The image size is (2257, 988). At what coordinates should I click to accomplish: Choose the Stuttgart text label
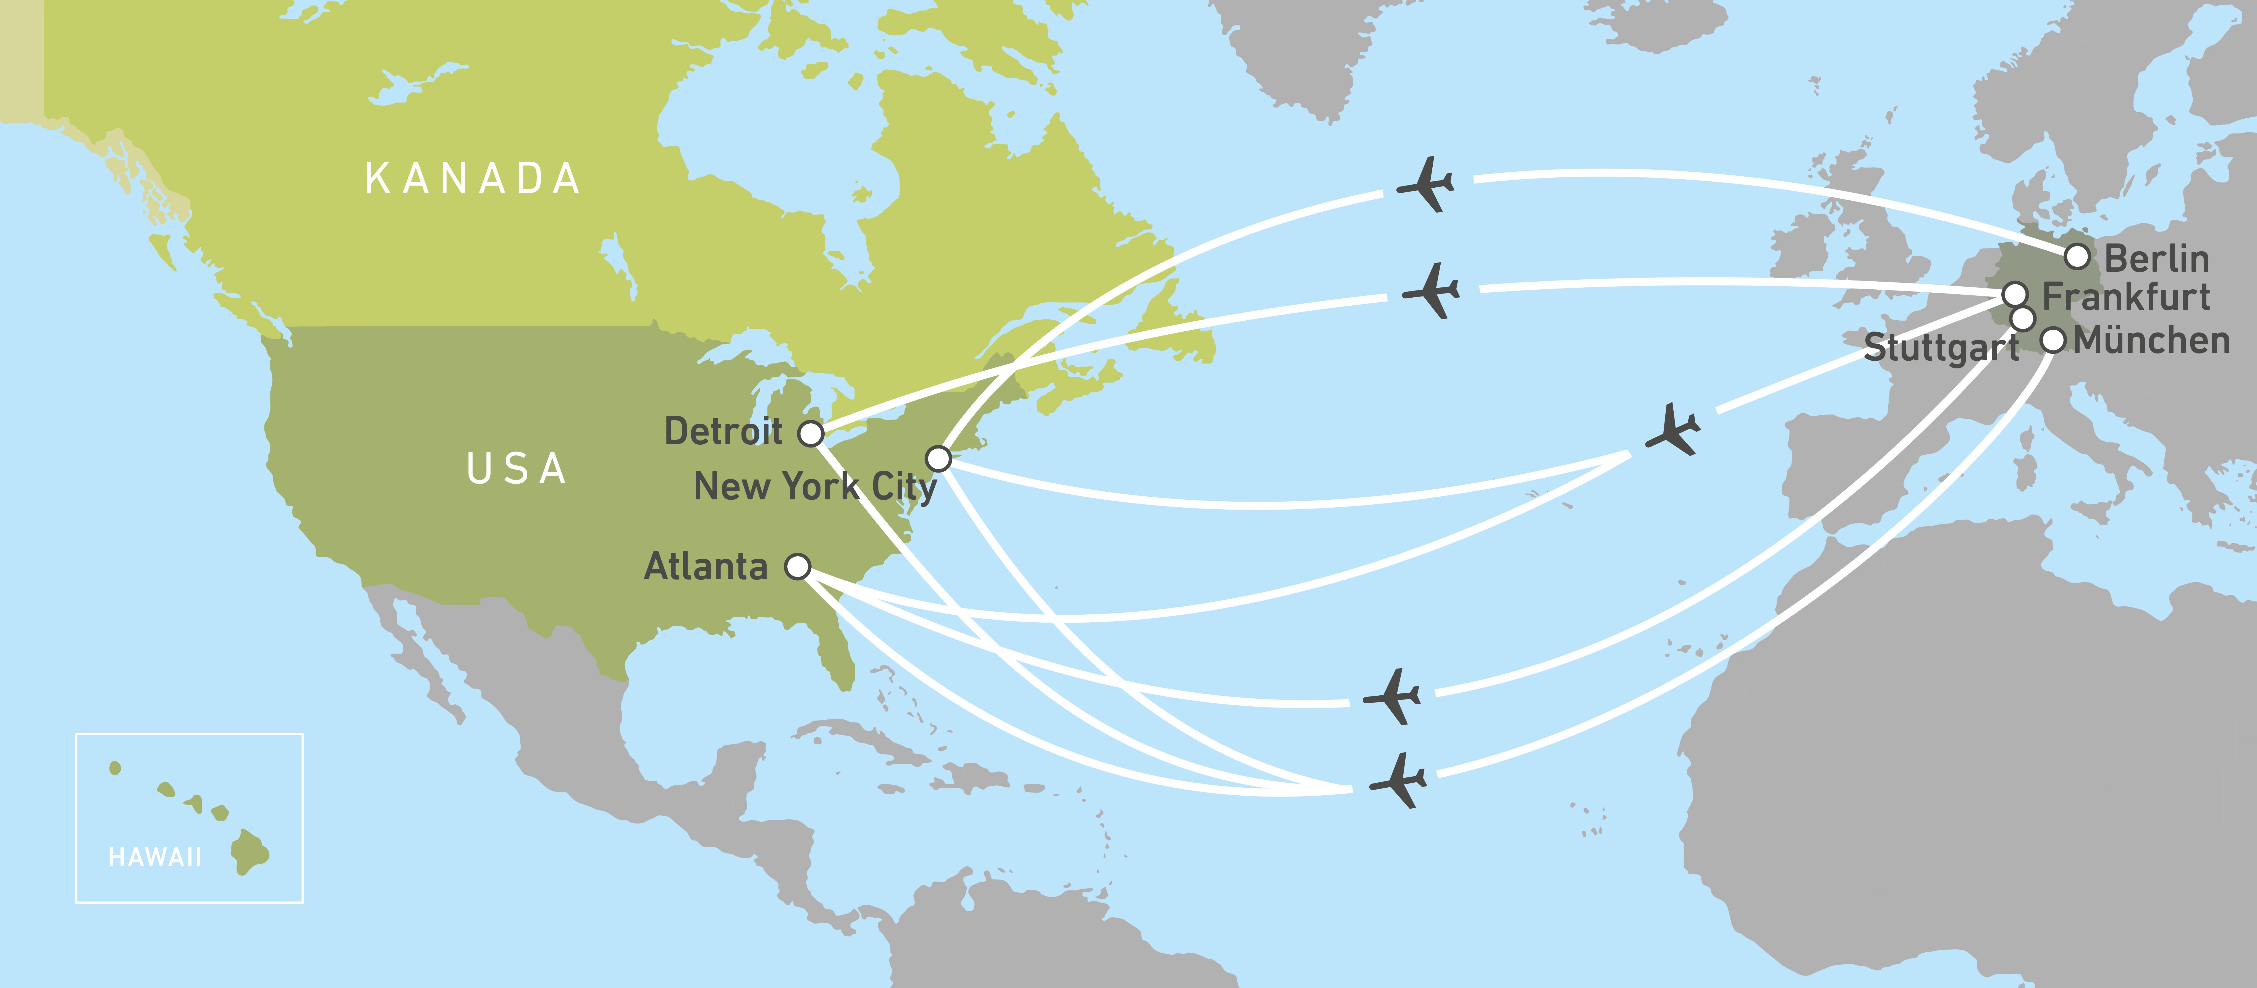tap(1941, 348)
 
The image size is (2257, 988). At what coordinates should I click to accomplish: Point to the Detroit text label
tap(724, 431)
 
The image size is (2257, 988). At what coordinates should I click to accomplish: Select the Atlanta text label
tap(706, 567)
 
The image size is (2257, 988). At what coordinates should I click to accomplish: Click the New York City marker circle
tap(939, 458)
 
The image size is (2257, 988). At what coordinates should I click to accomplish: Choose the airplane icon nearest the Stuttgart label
tap(1674, 429)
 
